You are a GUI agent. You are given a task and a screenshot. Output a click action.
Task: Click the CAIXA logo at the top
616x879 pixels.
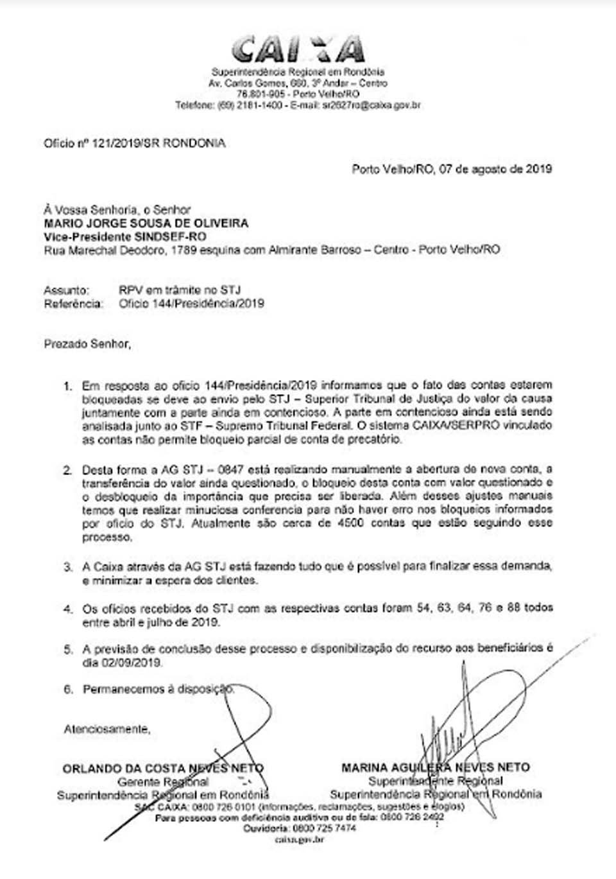tap(298, 49)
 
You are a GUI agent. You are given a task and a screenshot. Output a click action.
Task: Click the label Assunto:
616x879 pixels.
tap(67, 290)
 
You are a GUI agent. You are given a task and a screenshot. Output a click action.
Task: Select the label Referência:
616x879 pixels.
tap(73, 304)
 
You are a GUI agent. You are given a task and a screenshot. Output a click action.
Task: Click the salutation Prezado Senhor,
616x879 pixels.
tap(87, 344)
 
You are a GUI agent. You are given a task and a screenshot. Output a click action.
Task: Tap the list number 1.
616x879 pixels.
tap(67, 386)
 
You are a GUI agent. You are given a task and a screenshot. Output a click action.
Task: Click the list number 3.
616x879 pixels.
tap(67, 567)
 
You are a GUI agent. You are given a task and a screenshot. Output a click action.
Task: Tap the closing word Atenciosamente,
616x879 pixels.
tap(107, 729)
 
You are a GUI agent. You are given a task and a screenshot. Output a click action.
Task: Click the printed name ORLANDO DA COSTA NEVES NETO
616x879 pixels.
tap(163, 768)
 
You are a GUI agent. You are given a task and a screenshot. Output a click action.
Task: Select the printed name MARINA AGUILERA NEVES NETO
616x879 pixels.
tap(436, 767)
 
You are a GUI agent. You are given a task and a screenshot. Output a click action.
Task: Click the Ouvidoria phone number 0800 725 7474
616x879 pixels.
tap(323, 828)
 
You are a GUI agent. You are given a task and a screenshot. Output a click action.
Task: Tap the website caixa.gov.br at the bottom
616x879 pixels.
tap(298, 839)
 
